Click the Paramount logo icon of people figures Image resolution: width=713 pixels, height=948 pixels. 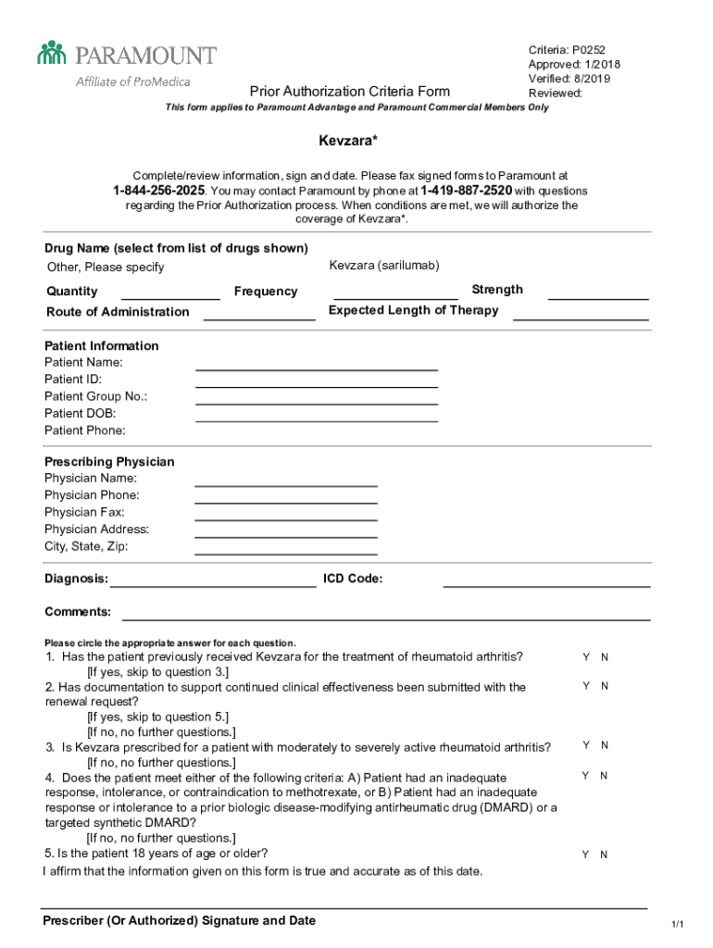(x=53, y=53)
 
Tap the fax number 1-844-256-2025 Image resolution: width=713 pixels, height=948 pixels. (x=159, y=191)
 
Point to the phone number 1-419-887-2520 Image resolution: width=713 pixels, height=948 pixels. (x=466, y=191)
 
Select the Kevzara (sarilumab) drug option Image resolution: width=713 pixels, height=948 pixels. (x=383, y=266)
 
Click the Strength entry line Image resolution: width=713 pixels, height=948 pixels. (x=598, y=298)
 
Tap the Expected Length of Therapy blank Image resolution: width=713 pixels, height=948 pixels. (x=581, y=318)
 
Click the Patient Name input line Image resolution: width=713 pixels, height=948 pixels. (x=317, y=369)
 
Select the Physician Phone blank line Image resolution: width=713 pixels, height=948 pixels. (x=285, y=502)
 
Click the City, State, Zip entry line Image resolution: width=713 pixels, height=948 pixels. (x=285, y=553)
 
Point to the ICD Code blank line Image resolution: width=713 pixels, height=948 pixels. (x=546, y=586)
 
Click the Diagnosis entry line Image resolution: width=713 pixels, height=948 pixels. (x=213, y=586)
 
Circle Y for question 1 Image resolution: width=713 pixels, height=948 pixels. (x=585, y=657)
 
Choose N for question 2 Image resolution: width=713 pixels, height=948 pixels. (x=605, y=686)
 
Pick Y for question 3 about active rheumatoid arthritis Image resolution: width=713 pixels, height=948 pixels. (x=585, y=745)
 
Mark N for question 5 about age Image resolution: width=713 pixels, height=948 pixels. (x=604, y=855)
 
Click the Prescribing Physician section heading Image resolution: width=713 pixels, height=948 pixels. (x=109, y=462)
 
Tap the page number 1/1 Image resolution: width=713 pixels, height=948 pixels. (x=678, y=925)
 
